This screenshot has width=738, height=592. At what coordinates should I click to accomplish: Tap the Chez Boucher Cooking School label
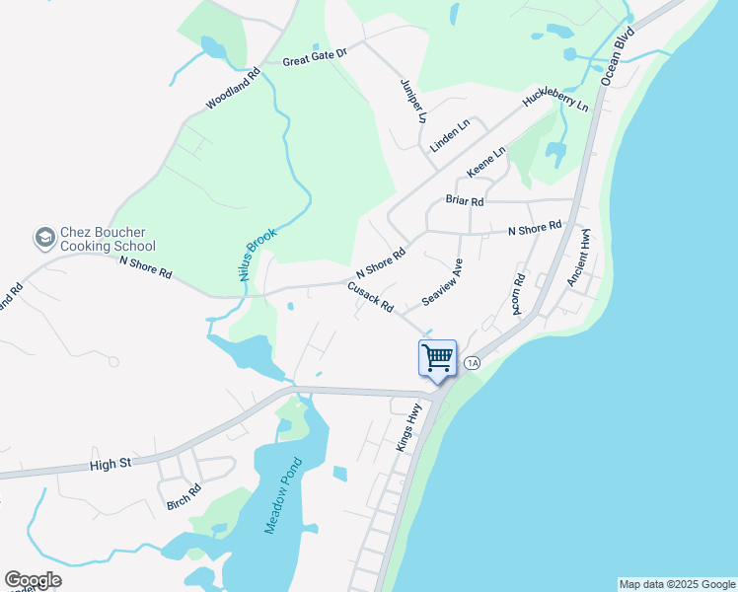tap(108, 239)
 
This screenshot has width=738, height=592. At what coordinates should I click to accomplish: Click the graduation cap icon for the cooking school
tap(44, 238)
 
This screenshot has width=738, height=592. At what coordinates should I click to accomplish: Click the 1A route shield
tap(472, 363)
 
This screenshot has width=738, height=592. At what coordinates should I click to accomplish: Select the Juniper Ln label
tap(413, 100)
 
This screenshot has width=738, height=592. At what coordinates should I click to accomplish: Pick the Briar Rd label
tap(465, 200)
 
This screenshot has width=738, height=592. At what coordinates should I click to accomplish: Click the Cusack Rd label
tap(370, 295)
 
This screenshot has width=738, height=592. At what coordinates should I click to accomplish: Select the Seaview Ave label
tap(442, 282)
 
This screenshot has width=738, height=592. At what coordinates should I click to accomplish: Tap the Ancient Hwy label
tap(578, 259)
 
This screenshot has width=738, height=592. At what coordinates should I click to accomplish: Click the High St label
tap(110, 463)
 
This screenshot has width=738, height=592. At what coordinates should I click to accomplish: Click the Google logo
tap(33, 579)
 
